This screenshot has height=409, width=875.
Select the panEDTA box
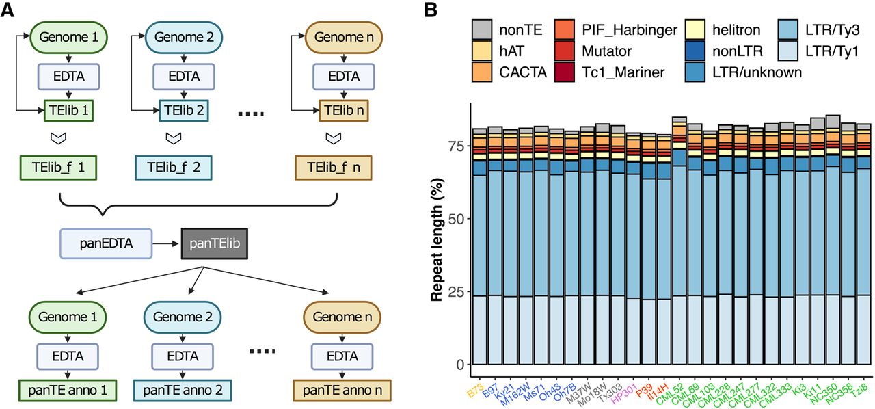[x=106, y=243]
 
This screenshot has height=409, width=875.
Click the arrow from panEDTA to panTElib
[x=166, y=243]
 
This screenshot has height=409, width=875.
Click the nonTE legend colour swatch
[x=483, y=30]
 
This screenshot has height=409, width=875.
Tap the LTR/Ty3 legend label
[x=829, y=30]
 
